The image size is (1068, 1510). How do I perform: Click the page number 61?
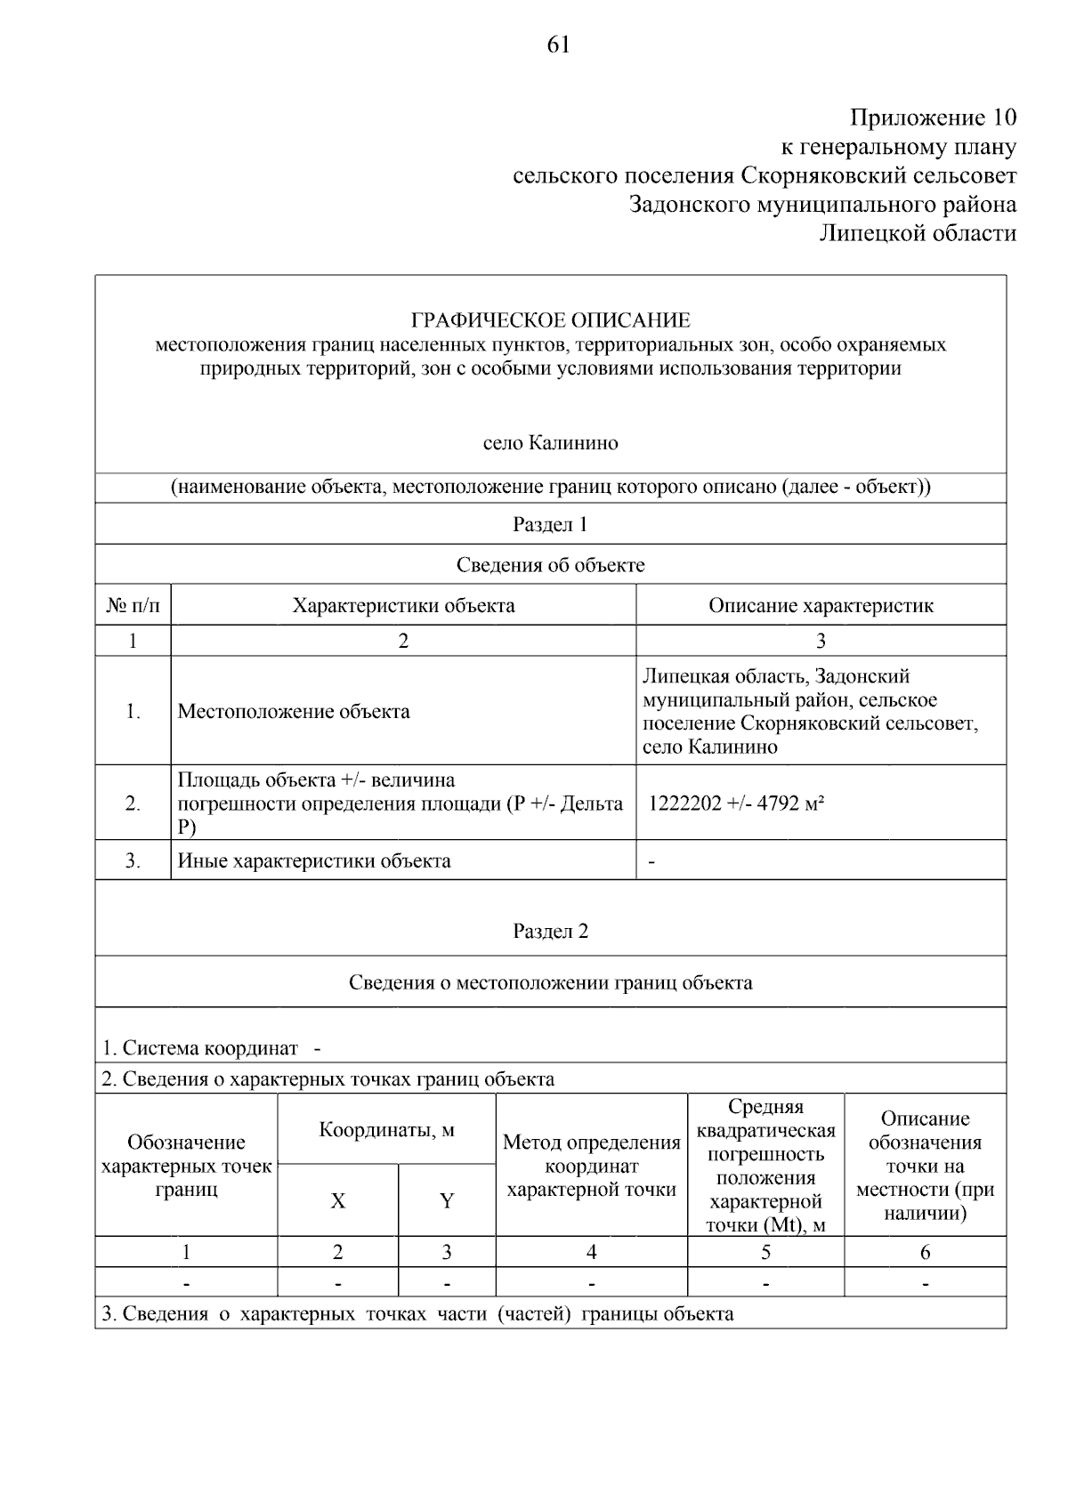tap(558, 44)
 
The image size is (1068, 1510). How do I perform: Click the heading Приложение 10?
tap(932, 117)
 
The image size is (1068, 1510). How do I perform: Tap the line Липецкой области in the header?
tap(917, 233)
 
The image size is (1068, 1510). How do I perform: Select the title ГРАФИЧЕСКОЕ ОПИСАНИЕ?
tap(550, 320)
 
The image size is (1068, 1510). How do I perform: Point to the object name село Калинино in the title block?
tap(550, 442)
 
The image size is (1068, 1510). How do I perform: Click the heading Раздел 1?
tap(550, 524)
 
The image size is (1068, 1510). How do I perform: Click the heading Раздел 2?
tap(550, 931)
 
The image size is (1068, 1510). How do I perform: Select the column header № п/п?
tap(133, 606)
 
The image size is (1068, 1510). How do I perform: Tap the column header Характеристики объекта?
tap(403, 606)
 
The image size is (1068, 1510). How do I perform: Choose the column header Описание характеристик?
tap(821, 606)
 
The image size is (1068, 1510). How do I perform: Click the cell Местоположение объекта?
tap(294, 711)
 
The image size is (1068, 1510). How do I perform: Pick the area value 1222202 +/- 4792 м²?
tap(735, 803)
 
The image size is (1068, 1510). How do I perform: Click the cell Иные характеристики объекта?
tap(314, 860)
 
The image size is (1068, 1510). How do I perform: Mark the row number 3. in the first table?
tap(133, 860)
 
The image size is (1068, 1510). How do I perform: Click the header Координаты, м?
tap(386, 1129)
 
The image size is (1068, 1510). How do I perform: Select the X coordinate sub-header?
tap(337, 1200)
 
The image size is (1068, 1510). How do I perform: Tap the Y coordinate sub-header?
tap(447, 1200)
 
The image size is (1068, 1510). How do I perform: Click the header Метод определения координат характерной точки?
tap(591, 1166)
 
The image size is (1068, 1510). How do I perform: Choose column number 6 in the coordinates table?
tap(925, 1252)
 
